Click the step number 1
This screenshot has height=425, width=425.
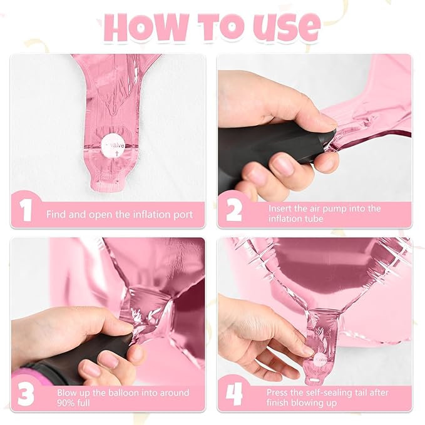point(26,210)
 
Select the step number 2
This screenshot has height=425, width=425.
point(233,210)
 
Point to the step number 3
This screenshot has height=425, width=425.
point(26,394)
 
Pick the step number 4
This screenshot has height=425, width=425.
point(234,394)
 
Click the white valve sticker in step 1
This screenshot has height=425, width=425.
point(113,146)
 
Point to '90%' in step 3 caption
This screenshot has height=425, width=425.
point(65,402)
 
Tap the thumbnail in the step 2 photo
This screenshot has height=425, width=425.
point(282,166)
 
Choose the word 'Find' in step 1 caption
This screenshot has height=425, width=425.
point(56,215)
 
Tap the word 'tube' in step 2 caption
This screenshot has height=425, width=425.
point(313,218)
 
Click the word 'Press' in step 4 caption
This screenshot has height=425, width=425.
point(277,392)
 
